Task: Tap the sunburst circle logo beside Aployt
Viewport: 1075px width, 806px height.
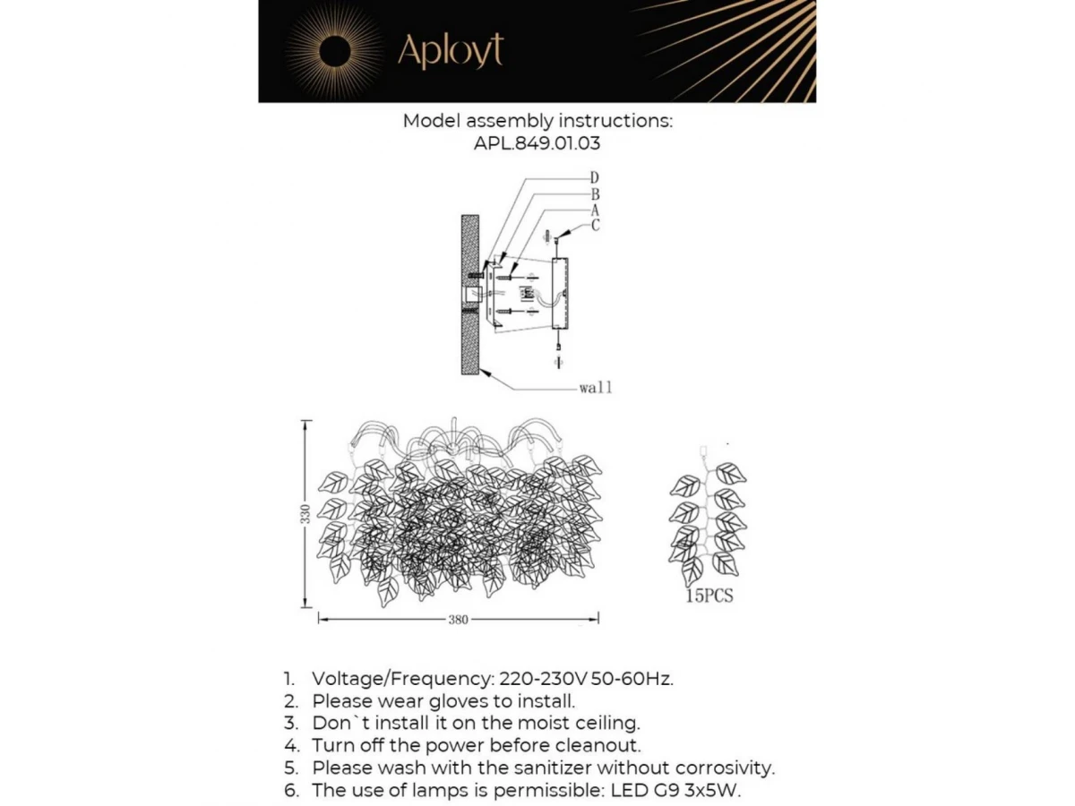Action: tap(333, 53)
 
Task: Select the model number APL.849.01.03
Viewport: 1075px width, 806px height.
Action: tap(537, 142)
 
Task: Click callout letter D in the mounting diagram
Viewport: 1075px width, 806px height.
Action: tap(595, 177)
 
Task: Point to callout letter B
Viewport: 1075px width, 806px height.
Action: tap(595, 193)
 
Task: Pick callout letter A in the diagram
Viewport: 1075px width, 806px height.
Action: tap(595, 210)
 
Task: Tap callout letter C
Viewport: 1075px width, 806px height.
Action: tap(595, 226)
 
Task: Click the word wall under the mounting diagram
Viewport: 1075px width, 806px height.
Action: tap(596, 389)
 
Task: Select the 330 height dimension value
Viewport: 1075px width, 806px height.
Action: tap(305, 514)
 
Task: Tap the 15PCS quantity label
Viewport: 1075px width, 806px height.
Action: tap(709, 596)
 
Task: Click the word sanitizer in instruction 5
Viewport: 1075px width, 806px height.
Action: tap(548, 767)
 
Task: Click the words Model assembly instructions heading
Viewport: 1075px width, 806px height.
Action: tap(537, 121)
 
